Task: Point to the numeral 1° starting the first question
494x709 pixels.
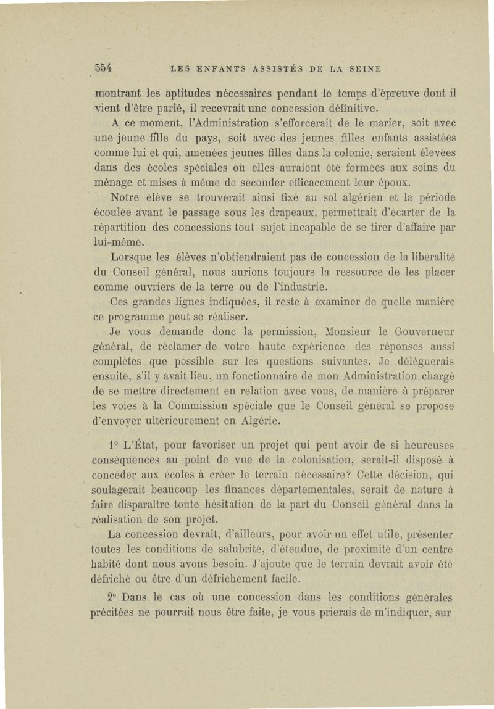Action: point(112,445)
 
